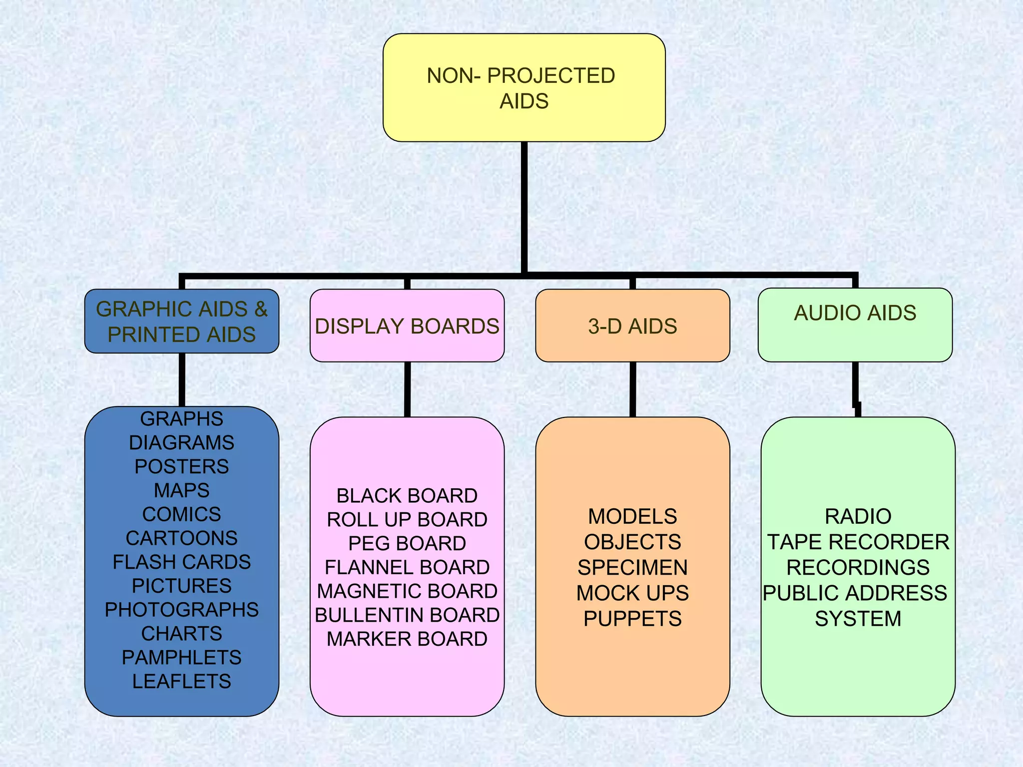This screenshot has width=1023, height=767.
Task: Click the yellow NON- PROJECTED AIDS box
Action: (x=523, y=87)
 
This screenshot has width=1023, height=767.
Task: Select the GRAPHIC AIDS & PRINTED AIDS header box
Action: (x=181, y=321)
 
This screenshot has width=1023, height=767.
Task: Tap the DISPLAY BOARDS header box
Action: (x=407, y=326)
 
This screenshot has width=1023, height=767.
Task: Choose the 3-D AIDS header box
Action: (x=632, y=326)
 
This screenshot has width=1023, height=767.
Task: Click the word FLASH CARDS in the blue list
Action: (x=181, y=562)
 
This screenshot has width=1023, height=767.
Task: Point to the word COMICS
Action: (x=181, y=514)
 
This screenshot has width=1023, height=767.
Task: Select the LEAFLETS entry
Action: (x=181, y=681)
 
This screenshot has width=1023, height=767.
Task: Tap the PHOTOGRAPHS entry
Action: (x=181, y=609)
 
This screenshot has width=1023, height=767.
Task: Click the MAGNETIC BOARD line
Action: (x=407, y=591)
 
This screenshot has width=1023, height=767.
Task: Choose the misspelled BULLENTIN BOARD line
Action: (x=407, y=615)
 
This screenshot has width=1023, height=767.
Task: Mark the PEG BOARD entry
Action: (x=407, y=543)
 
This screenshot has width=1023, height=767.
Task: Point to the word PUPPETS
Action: (x=632, y=619)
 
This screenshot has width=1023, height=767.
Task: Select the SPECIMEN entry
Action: (x=632, y=567)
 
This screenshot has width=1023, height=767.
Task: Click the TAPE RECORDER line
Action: (x=858, y=542)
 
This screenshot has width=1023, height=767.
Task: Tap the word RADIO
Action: (x=858, y=516)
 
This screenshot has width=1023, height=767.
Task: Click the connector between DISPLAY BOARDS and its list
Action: (x=407, y=389)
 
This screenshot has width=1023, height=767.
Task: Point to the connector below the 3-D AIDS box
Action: (x=632, y=389)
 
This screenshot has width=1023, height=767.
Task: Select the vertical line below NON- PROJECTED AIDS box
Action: (x=524, y=207)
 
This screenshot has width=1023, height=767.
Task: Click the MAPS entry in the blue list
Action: (x=181, y=490)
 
